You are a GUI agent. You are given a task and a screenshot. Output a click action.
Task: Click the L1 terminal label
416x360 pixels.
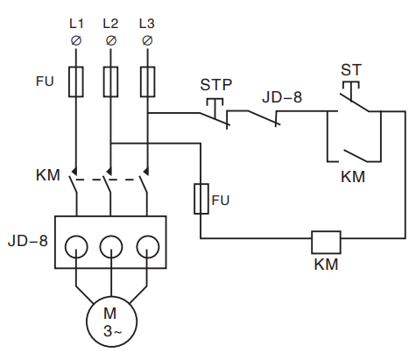76,24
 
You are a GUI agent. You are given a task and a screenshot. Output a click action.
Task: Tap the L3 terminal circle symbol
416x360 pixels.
147,40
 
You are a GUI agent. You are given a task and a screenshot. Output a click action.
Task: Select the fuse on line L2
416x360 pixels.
110,81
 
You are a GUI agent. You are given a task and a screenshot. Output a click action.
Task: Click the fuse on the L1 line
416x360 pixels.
76,81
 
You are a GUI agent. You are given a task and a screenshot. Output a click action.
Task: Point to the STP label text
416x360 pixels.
216,85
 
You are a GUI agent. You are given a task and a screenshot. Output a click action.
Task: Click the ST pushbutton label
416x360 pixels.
351,70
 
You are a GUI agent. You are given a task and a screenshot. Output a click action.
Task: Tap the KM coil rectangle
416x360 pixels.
326,243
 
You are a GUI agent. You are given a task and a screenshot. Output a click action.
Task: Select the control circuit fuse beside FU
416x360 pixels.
201,199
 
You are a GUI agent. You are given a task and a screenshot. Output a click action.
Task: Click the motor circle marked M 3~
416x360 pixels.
112,321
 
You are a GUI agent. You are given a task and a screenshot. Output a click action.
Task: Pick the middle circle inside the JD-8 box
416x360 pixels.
111,247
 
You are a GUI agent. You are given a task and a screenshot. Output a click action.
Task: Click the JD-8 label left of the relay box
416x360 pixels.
28,241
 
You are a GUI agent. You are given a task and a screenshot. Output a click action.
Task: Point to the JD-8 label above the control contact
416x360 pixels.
282,97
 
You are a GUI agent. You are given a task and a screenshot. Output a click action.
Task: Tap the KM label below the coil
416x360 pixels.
326,265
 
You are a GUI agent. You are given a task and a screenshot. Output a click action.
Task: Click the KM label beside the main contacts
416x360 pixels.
48,175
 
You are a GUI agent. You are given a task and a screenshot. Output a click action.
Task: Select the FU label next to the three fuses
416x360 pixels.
45,81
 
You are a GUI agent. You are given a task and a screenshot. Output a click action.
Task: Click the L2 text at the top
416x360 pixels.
110,24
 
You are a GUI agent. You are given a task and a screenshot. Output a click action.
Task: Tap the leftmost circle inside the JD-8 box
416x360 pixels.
76,247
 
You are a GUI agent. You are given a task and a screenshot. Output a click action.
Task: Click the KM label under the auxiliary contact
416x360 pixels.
353,177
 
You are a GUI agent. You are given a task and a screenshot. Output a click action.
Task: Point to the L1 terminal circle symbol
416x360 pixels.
76,40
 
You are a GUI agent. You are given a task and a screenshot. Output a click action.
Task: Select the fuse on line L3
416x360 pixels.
147,81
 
